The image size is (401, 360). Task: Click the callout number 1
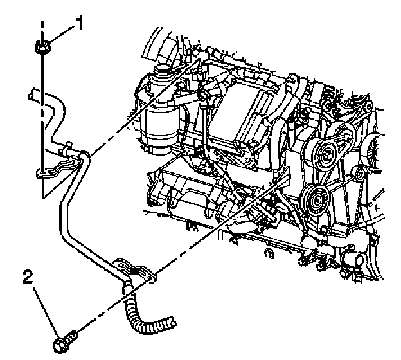click(x=80, y=24)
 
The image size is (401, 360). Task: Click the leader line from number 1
click(x=63, y=33)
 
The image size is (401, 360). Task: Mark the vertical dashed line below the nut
click(x=42, y=116)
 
